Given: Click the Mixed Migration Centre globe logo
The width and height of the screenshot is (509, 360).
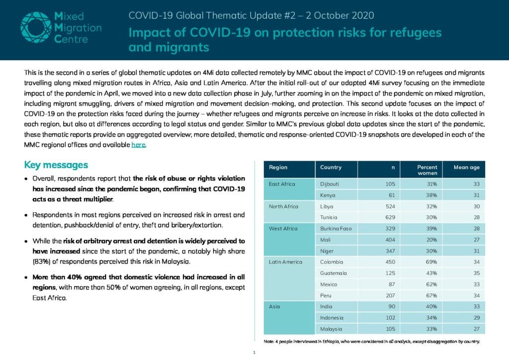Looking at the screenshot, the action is tap(36, 27).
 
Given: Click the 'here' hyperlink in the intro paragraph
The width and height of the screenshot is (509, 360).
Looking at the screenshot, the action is tap(138, 145).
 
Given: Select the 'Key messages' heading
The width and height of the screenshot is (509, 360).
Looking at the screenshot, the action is tap(56, 165).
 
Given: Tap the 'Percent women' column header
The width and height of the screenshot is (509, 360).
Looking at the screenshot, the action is tap(427, 170).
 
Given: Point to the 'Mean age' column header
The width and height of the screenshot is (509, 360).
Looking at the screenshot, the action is tap(466, 167).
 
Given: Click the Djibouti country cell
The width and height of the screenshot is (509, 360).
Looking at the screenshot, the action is tap(329, 184).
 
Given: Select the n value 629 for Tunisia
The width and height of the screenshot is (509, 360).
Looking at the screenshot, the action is tap(390, 217).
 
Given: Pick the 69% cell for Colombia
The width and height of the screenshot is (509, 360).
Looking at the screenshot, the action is tap(431, 262).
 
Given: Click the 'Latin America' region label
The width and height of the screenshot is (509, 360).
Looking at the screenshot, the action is tap(285, 262).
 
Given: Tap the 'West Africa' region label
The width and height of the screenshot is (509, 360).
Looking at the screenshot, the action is tap(283, 229).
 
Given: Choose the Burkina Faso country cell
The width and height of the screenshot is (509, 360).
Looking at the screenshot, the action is tap(336, 229).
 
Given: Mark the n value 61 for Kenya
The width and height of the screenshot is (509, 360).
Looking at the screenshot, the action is tap(392, 195).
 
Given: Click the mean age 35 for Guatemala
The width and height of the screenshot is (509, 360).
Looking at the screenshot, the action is tap(477, 273).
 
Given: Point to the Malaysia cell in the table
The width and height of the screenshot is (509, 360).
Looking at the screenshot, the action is tap(331, 329).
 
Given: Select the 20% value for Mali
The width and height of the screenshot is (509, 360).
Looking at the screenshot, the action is tap(431, 240).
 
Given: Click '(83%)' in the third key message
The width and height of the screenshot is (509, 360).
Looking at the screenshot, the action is tap(41, 262).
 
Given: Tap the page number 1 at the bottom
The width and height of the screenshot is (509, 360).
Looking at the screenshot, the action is tap(254, 353).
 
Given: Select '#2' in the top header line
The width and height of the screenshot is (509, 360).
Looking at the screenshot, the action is tap(290, 15).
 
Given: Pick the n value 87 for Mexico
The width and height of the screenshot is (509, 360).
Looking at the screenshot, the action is tap(392, 284).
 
